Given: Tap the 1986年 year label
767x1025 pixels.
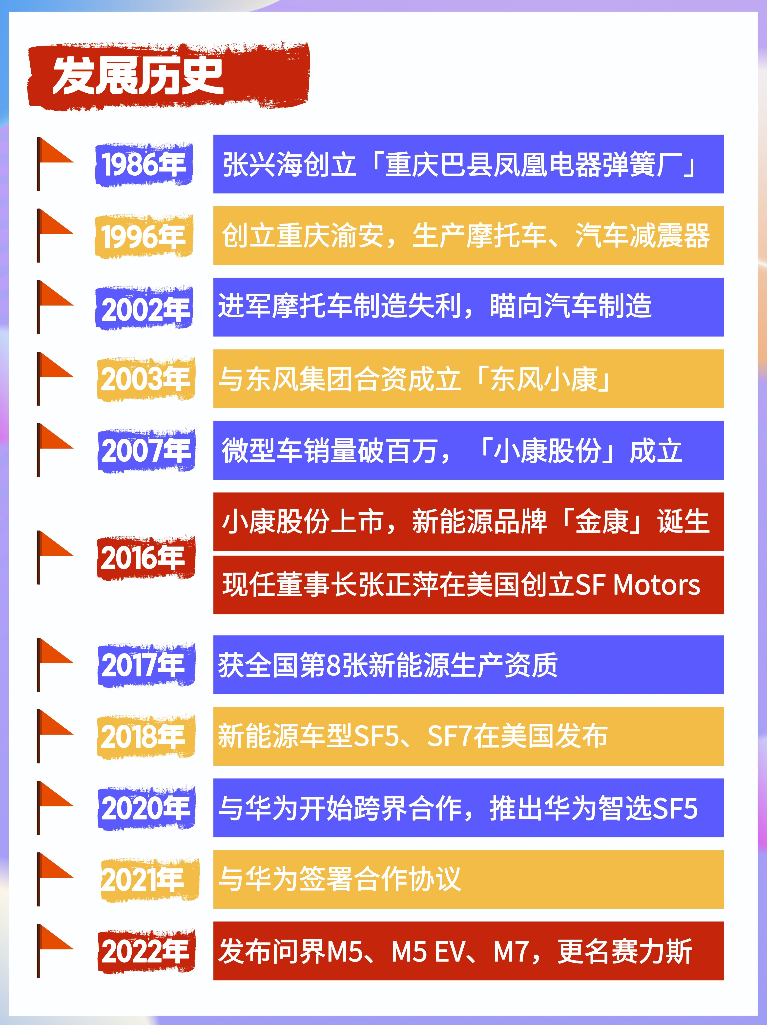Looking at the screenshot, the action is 144,164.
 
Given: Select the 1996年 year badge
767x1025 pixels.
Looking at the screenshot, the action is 144,236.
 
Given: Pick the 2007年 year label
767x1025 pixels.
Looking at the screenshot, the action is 146,451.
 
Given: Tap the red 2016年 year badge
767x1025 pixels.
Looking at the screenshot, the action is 145,557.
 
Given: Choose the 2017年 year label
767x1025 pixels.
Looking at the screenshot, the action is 145,665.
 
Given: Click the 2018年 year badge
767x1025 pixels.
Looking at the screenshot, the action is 145,736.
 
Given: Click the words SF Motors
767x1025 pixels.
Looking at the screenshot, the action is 637,585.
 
